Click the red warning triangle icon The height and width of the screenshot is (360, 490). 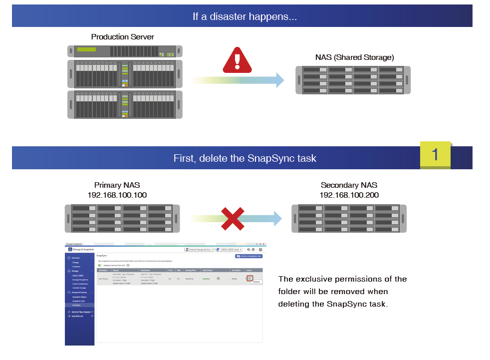point(238,60)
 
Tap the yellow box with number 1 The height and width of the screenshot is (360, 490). point(435,154)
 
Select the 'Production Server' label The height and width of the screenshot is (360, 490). point(122,37)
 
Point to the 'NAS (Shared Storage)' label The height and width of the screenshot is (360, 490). point(354,57)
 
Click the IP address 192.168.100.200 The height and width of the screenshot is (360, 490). point(349,195)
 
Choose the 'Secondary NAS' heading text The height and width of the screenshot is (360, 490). point(349,185)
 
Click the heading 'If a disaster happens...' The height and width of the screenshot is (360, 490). point(245,16)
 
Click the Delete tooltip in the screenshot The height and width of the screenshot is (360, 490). point(256,282)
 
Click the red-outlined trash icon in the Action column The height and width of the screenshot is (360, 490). point(249,278)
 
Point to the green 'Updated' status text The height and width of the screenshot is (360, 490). point(206,279)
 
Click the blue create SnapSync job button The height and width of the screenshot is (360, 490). point(248,256)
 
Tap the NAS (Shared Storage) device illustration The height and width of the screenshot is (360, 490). point(353,80)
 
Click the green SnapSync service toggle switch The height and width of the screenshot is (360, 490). point(100,265)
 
